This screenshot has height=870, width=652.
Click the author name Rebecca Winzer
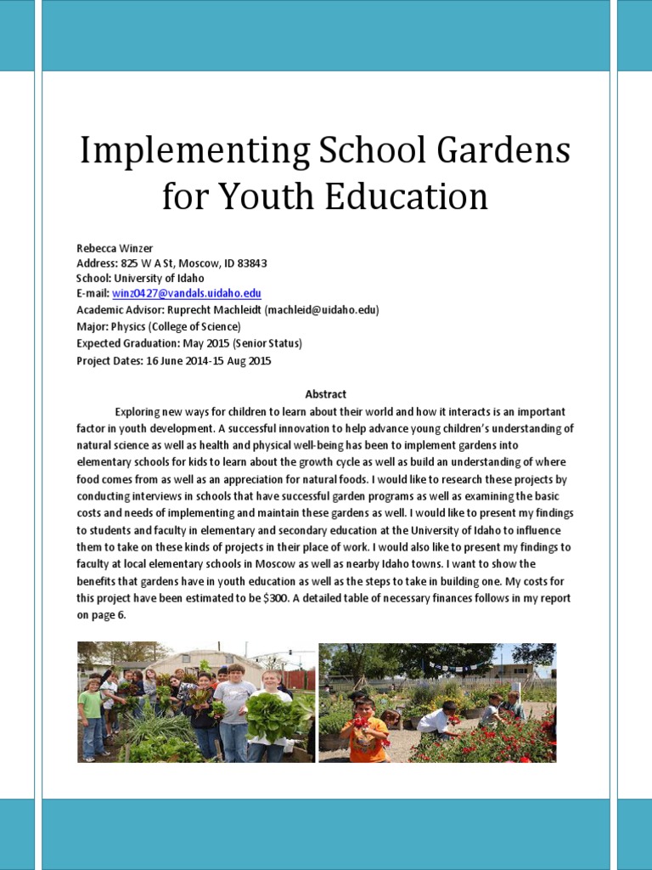tap(115, 248)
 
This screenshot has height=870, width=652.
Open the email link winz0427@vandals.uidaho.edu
tap(187, 294)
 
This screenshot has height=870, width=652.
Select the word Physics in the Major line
tap(129, 326)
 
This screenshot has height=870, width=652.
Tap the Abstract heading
tap(325, 394)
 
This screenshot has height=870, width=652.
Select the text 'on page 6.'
tap(101, 614)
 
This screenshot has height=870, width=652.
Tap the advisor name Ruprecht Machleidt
tap(217, 310)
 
